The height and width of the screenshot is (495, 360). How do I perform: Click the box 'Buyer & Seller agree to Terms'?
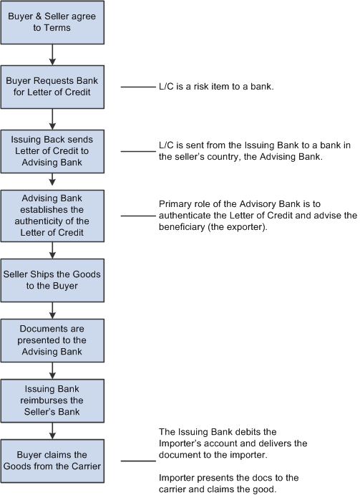(x=52, y=22)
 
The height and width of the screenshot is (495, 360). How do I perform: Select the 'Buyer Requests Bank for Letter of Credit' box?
(x=52, y=87)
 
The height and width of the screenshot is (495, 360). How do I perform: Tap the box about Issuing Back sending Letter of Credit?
(x=52, y=151)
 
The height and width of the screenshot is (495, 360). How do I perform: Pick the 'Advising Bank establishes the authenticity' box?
(x=52, y=216)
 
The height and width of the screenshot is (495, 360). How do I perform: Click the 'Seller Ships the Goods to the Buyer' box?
(x=52, y=280)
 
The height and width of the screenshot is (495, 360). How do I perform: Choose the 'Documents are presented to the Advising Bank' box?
(x=52, y=340)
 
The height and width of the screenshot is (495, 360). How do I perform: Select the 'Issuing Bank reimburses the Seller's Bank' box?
(x=52, y=400)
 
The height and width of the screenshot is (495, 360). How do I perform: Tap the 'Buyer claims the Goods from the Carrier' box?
(x=52, y=461)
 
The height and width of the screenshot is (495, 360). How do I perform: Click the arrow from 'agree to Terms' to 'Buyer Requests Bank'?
(x=52, y=55)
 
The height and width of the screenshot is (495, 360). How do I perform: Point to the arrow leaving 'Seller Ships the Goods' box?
(x=52, y=311)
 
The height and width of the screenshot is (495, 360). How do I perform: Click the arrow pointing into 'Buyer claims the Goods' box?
(x=52, y=431)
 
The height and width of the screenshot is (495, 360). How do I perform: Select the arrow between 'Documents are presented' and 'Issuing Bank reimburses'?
(x=52, y=370)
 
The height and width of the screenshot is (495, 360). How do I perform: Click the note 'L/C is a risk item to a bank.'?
(x=216, y=87)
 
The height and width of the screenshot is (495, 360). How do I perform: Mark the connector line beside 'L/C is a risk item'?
(x=139, y=87)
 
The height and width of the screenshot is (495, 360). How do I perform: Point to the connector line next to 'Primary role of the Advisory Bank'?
(x=139, y=216)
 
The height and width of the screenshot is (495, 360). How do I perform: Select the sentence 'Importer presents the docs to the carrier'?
(x=229, y=484)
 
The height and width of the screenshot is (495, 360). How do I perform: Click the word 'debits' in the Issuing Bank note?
(x=248, y=432)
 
